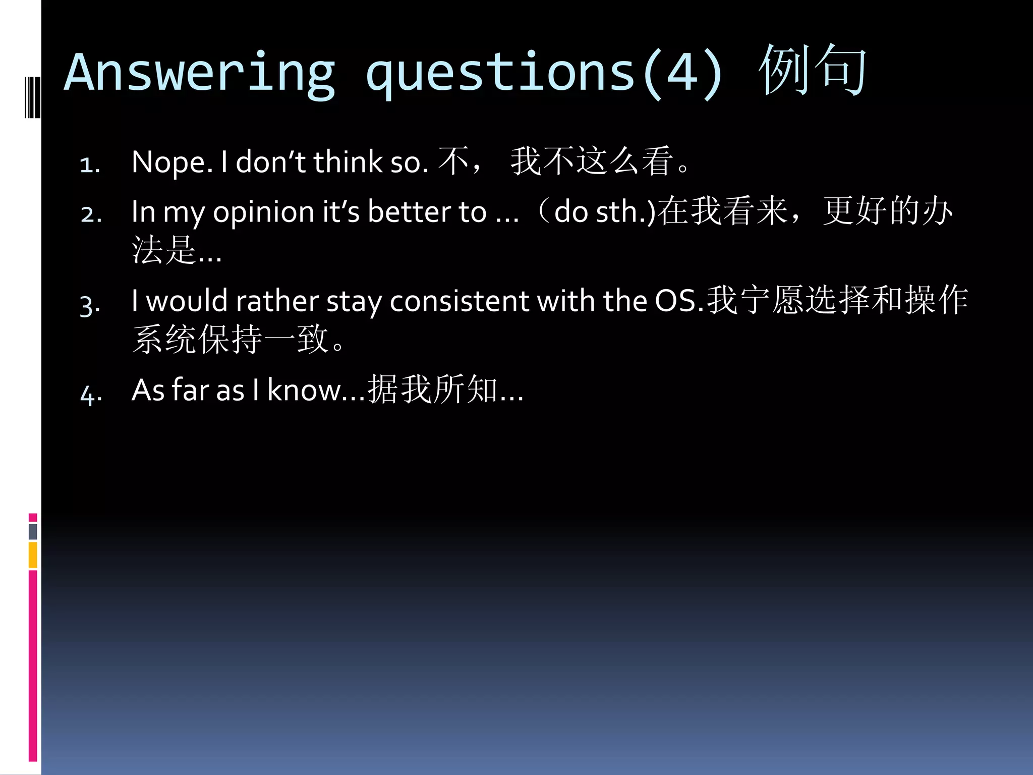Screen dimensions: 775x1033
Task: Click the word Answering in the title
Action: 199,73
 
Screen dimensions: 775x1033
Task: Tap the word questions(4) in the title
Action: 545,73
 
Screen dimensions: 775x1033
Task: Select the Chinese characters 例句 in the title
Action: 812,71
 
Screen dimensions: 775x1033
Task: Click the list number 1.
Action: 90,164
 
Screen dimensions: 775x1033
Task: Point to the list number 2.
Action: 91,214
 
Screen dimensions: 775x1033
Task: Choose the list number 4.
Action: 91,394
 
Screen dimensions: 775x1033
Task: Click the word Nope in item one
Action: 171,162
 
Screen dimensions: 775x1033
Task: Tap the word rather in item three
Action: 276,301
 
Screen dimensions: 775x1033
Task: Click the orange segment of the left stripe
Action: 33,555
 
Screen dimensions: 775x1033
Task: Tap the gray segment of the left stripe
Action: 33,531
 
